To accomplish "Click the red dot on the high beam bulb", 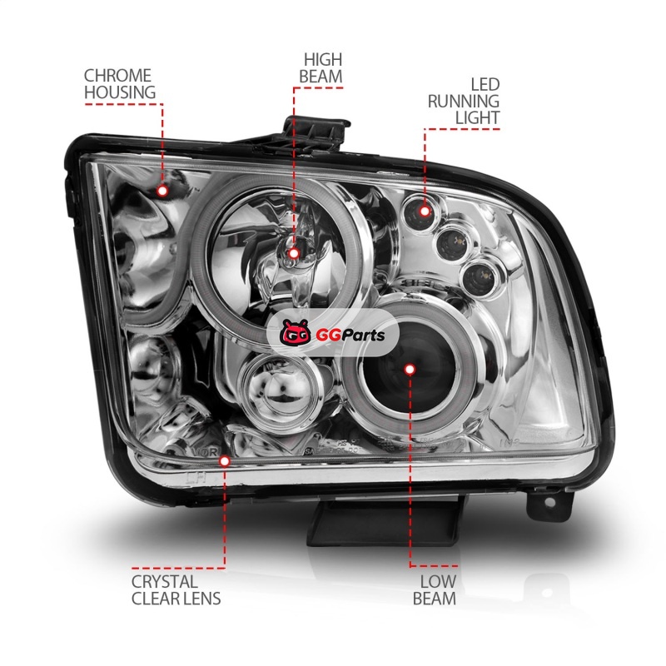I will tap(293, 252).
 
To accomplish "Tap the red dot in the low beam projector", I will tap(410, 368).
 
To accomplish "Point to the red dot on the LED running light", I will tap(425, 211).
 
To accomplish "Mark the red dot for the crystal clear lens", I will tap(223, 459).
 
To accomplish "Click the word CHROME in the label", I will tap(117, 74).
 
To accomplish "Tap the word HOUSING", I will tap(120, 92).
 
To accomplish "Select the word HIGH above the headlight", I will tap(323, 60).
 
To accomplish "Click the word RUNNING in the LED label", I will tap(464, 102).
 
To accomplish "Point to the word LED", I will tap(485, 85).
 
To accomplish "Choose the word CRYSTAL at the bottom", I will tap(165, 581).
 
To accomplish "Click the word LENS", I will tap(200, 599).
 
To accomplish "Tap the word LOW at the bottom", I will tap(437, 581).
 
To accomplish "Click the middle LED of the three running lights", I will tap(454, 241).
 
